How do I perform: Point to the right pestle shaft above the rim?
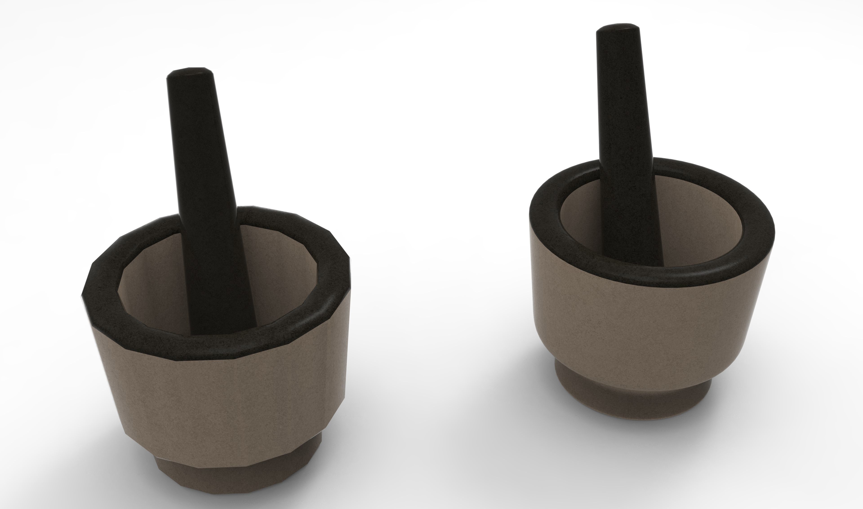[623, 103]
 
